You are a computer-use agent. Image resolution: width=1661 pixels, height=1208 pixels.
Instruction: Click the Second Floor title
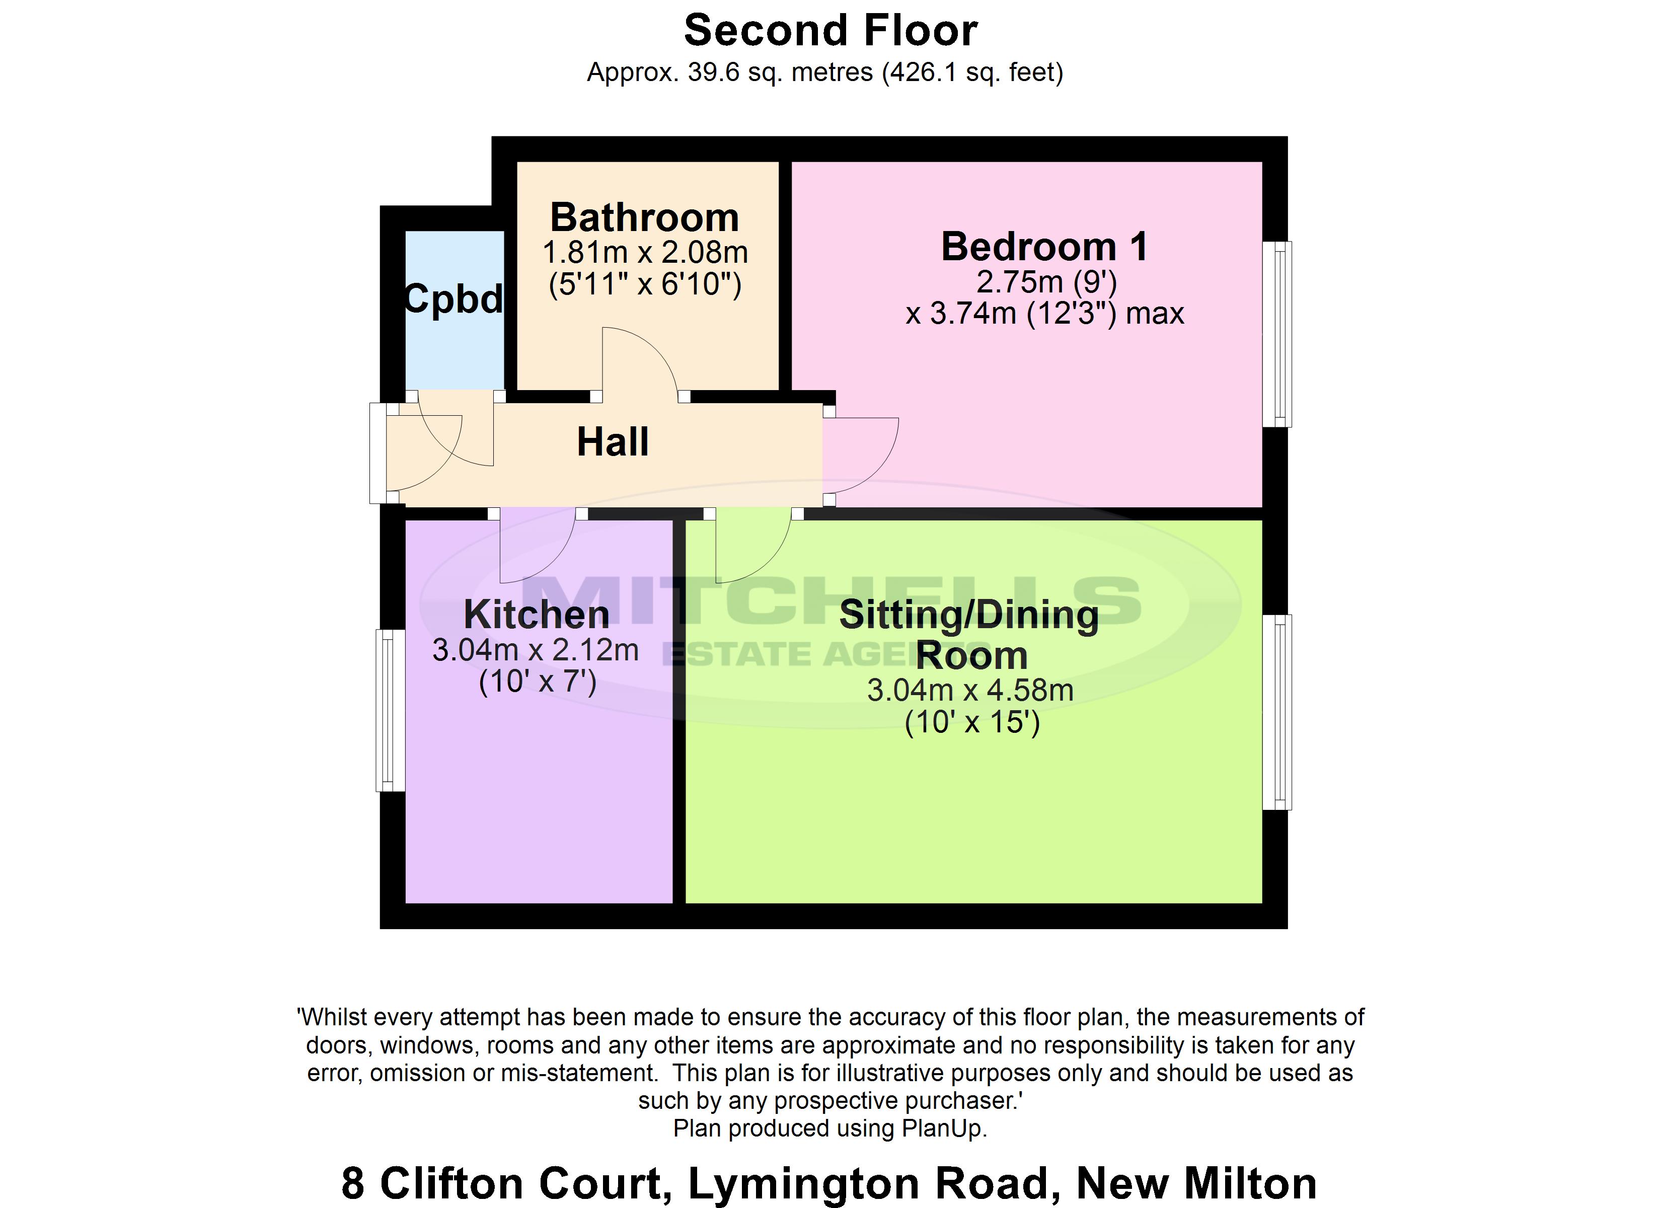click(830, 31)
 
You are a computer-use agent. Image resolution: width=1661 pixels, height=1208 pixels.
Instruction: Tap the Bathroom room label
click(644, 217)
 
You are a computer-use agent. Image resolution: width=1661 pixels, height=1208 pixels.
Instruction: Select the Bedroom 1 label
click(1044, 246)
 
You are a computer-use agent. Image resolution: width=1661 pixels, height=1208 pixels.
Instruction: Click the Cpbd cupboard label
click(454, 299)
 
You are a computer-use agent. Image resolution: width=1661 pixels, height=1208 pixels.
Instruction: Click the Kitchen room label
click(536, 614)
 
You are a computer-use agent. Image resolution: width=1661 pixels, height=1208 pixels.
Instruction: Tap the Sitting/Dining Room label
click(969, 634)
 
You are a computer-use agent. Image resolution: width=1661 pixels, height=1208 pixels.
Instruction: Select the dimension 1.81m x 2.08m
click(644, 253)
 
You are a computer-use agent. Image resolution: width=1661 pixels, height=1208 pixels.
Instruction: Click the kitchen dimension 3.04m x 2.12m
click(536, 650)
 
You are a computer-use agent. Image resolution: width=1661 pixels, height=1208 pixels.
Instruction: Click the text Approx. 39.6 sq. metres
click(732, 72)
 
